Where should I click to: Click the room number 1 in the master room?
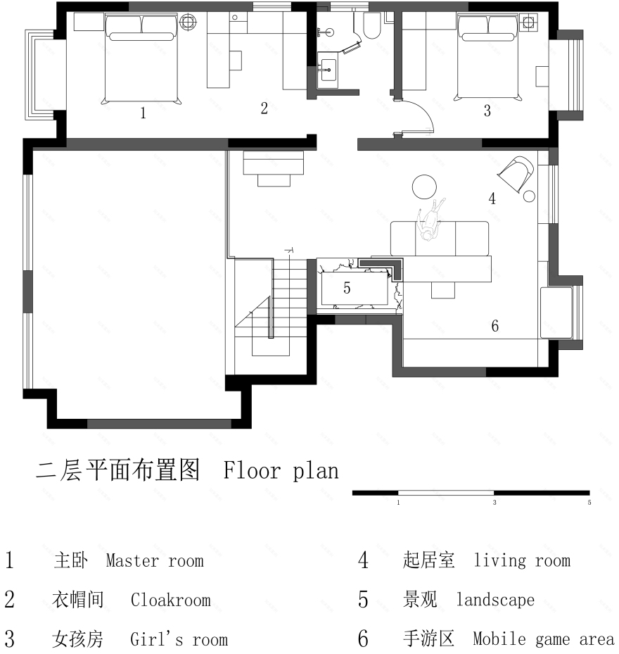[x=143, y=113]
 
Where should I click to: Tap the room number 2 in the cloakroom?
[x=264, y=108]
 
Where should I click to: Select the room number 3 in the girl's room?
[x=486, y=111]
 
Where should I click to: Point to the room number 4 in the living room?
[x=492, y=199]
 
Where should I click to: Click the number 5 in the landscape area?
[x=347, y=288]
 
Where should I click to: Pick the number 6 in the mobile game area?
[x=494, y=326]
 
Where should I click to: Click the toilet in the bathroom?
[x=371, y=27]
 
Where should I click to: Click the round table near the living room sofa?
[x=424, y=187]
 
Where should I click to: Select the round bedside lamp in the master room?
[x=188, y=23]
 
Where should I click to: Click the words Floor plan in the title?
[x=281, y=470]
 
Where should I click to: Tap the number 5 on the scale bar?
[x=589, y=503]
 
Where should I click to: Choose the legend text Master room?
[x=155, y=561]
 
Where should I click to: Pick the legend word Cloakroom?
[x=170, y=600]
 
